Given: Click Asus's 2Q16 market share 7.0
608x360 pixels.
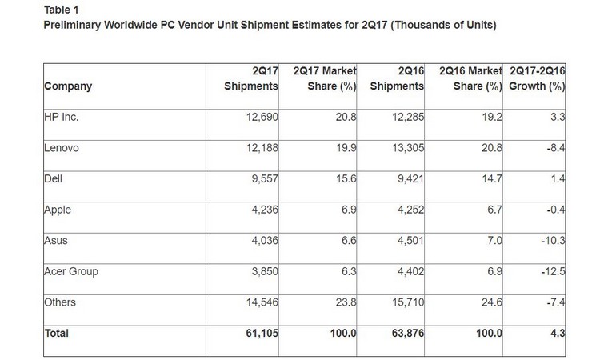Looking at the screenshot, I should pos(492,241).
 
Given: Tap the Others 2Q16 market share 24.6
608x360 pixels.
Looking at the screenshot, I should pos(490,302).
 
